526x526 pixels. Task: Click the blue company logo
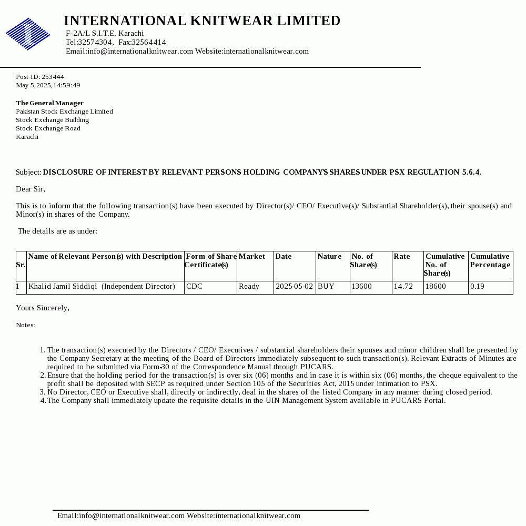pyautogui.click(x=28, y=34)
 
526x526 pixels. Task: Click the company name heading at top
pyautogui.click(x=202, y=21)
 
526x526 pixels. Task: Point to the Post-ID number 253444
pyautogui.click(x=53, y=77)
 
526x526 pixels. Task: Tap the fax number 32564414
pyautogui.click(x=149, y=42)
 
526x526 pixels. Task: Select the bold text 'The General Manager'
pyautogui.click(x=49, y=103)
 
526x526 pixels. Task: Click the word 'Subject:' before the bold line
pyautogui.click(x=28, y=172)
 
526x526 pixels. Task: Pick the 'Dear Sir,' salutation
pyautogui.click(x=31, y=189)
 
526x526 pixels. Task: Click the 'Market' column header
pyautogui.click(x=252, y=256)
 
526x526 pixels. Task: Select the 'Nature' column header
pyautogui.click(x=329, y=256)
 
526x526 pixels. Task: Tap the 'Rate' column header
pyautogui.click(x=402, y=256)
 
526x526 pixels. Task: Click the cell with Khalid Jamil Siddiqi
pyautogui.click(x=102, y=287)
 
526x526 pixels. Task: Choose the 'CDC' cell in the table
pyautogui.click(x=194, y=287)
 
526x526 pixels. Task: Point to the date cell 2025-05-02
pyautogui.click(x=294, y=287)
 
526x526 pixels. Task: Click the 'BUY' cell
pyautogui.click(x=326, y=287)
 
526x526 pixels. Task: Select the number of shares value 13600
pyautogui.click(x=362, y=287)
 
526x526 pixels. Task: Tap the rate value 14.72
pyautogui.click(x=403, y=287)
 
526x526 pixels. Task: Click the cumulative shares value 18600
pyautogui.click(x=436, y=287)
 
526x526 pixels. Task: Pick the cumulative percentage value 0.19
pyautogui.click(x=477, y=287)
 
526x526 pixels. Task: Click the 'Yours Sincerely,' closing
pyautogui.click(x=43, y=308)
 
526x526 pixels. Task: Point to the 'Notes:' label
pyautogui.click(x=25, y=325)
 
